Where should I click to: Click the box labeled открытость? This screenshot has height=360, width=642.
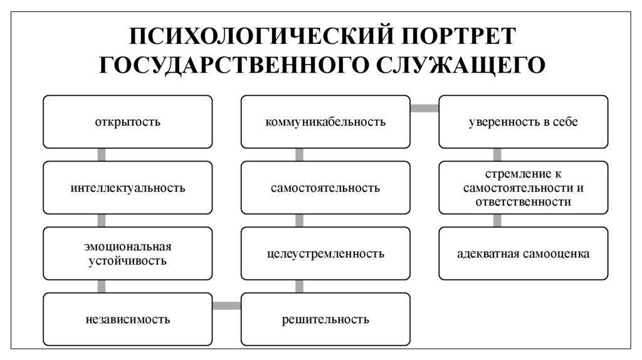point(128,122)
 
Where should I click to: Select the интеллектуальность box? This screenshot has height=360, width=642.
point(128,188)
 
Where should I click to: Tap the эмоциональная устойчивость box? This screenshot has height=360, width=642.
point(128,253)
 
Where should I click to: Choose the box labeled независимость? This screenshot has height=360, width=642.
point(128,319)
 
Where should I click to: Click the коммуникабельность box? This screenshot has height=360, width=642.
point(325,122)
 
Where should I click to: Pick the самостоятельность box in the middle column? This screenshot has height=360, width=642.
point(325,188)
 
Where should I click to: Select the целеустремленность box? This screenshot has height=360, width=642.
point(325,253)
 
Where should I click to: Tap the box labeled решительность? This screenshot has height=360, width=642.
point(325,319)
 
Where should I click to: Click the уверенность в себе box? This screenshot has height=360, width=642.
point(523,122)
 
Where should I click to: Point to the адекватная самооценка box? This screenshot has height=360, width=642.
point(523,253)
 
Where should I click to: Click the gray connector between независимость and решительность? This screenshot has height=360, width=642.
point(226,306)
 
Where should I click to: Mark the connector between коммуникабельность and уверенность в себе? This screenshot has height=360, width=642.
point(424,109)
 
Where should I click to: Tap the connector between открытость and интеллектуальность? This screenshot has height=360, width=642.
point(102,154)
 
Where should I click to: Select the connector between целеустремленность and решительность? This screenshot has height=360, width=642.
point(299,286)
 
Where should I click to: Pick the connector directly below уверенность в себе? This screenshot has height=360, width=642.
point(497,154)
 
